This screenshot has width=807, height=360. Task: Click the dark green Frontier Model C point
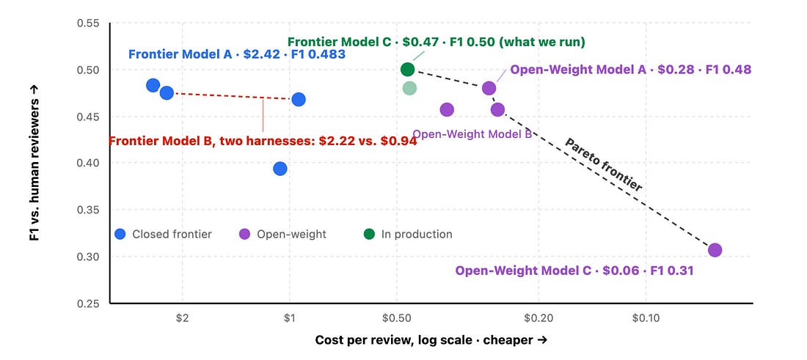(407, 70)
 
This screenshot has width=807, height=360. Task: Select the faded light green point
(409, 88)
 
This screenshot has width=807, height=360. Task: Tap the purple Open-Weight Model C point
(715, 250)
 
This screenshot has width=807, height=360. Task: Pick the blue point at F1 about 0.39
(280, 169)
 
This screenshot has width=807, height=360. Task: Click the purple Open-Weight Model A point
(489, 88)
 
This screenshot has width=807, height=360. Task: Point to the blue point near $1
(299, 99)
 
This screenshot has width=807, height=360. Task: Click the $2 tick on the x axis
(183, 317)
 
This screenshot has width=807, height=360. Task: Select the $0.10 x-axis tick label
(646, 317)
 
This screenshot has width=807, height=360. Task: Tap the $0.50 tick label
(396, 317)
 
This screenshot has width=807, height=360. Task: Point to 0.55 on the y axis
(89, 23)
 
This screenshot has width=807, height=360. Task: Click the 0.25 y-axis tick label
(89, 304)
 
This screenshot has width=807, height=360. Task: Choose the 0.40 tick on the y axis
(89, 163)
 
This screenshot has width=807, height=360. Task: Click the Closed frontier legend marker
(120, 234)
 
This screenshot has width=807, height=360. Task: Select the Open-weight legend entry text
(291, 234)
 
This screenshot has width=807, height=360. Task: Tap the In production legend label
(417, 234)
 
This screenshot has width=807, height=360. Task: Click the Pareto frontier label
(604, 165)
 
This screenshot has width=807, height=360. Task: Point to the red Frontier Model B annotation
(263, 140)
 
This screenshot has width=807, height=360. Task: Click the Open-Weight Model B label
(472, 134)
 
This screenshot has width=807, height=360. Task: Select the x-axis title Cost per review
(431, 340)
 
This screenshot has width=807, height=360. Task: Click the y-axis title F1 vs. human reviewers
(34, 163)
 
